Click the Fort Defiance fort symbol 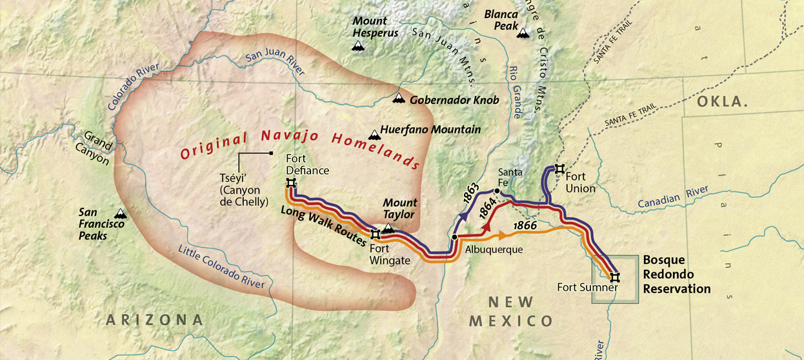click(x=291, y=183)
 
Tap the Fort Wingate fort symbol click(x=375, y=234)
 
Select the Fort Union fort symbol click(x=559, y=168)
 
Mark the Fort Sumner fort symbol click(x=615, y=277)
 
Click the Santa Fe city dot click(x=497, y=191)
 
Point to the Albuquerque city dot click(x=454, y=237)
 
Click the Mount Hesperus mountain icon click(x=357, y=46)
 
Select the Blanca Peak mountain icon click(x=522, y=32)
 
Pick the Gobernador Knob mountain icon click(x=399, y=99)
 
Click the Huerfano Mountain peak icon click(x=373, y=134)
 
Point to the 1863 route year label click(x=470, y=194)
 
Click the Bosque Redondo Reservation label click(x=676, y=275)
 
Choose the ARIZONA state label click(x=154, y=319)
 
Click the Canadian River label click(x=673, y=197)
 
